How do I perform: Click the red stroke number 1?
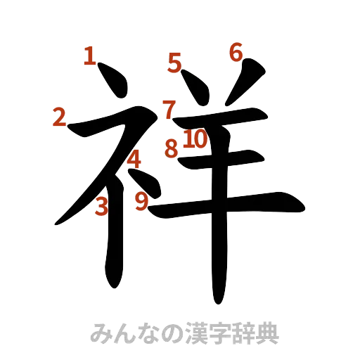89,56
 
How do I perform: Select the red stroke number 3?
102,206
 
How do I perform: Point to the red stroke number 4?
134,160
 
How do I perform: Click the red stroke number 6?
236,51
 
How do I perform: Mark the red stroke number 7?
169,110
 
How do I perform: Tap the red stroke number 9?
142,202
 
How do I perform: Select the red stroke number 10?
195,140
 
